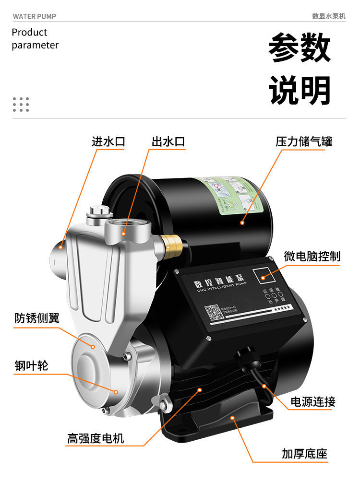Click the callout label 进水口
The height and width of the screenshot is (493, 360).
[x=108, y=141]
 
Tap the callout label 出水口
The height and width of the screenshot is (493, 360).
[x=168, y=141]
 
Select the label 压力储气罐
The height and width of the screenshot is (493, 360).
[x=304, y=141]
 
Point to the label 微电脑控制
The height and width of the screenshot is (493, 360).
[x=312, y=257]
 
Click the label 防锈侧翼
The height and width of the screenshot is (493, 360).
[x=37, y=318]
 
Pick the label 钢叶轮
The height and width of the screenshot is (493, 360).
[x=31, y=365]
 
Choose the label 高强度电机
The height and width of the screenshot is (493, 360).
[x=96, y=438]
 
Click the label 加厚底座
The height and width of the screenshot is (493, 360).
[x=305, y=454]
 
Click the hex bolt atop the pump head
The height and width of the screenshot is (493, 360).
[x=99, y=211]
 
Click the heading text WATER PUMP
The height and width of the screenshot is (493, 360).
[x=35, y=16]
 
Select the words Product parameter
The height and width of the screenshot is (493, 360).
[x=35, y=39]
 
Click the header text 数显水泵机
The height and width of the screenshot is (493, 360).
[x=329, y=16]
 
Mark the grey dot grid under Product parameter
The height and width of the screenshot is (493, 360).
[x=21, y=104]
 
